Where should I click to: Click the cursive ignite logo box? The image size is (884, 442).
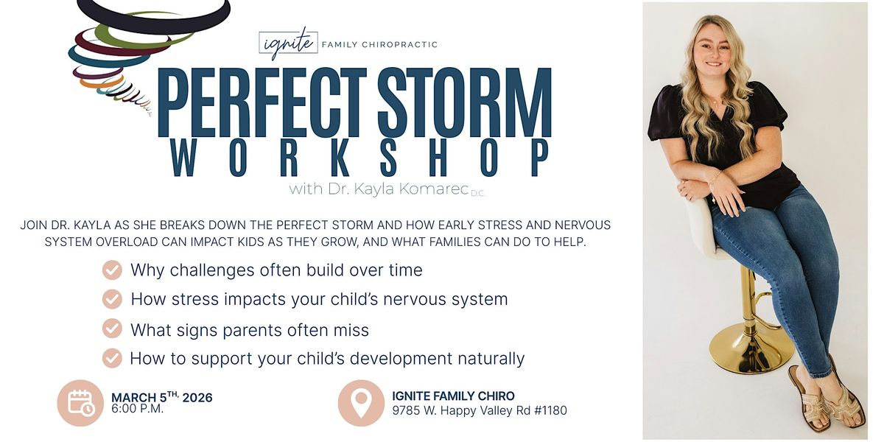point(289,43)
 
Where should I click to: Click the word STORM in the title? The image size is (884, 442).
point(465,102)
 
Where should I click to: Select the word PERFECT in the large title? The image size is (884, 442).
point(262,102)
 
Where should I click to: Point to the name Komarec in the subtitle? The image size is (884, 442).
point(433,189)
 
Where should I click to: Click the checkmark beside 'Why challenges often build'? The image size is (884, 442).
point(112,270)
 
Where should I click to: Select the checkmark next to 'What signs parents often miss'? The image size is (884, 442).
point(112,329)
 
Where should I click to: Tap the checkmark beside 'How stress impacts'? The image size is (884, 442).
point(112,299)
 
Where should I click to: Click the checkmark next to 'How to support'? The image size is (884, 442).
point(112,358)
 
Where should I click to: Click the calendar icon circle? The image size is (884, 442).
point(80,403)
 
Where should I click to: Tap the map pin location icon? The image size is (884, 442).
point(361,403)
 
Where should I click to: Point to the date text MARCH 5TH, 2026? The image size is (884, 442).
point(162,396)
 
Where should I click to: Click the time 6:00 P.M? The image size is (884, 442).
point(137,409)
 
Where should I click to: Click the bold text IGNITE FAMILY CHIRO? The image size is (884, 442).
point(454,396)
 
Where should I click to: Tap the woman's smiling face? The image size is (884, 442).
point(718,50)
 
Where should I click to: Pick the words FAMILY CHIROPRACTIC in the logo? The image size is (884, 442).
point(379,45)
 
